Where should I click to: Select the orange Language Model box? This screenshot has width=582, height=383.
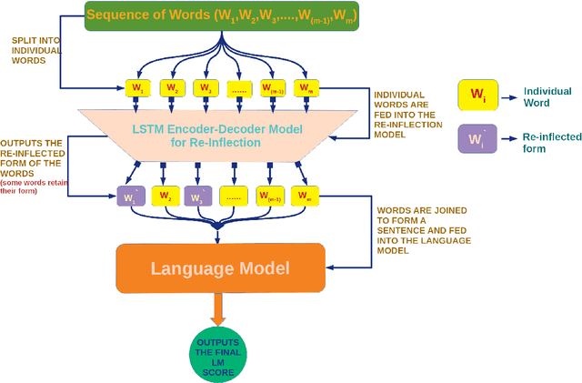click(220, 267)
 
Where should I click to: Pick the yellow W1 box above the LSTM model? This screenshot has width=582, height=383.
click(136, 88)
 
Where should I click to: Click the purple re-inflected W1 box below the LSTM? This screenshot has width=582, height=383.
click(129, 196)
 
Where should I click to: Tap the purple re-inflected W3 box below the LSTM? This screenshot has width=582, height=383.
click(199, 196)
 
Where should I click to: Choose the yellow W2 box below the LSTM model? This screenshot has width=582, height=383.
click(166, 196)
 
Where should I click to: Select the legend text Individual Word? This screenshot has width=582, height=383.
click(546, 96)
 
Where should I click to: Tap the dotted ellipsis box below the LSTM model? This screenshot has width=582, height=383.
click(235, 196)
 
